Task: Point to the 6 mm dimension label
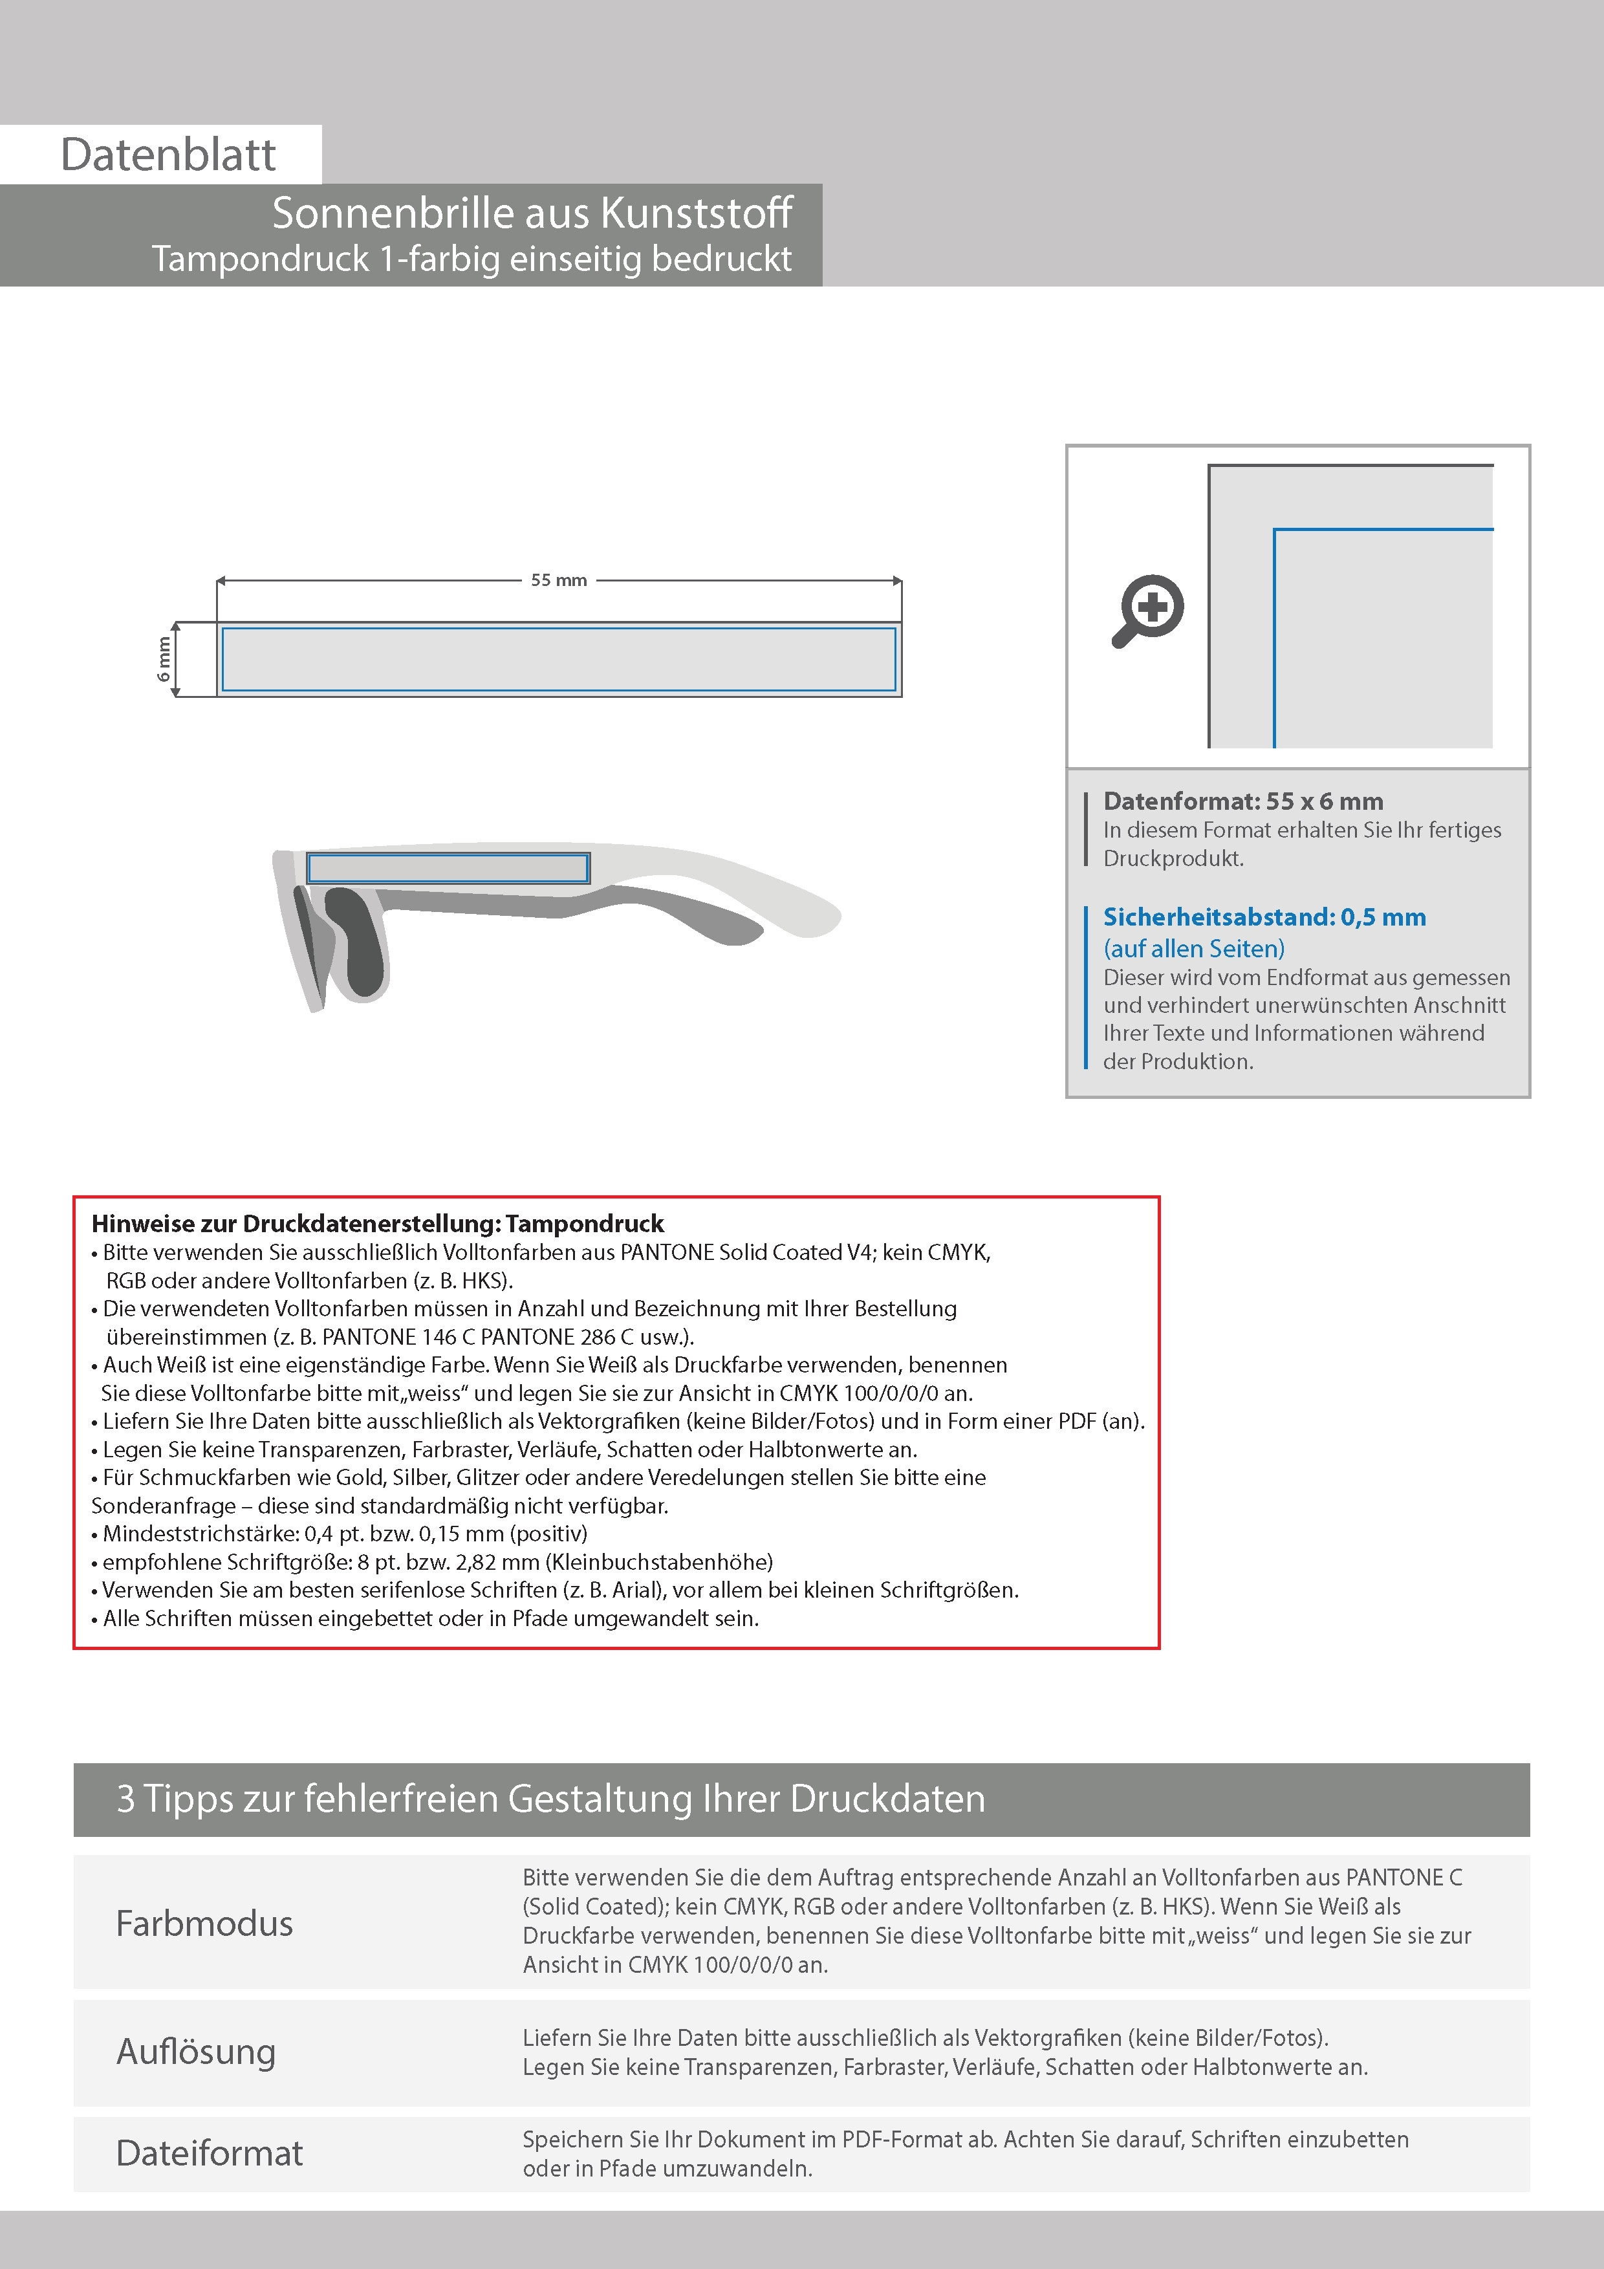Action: coord(164,659)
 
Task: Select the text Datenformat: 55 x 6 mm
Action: coord(1242,801)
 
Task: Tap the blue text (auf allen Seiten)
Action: coord(1194,949)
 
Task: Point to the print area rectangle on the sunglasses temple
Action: coord(448,867)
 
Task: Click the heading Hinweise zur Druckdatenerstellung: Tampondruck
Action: coord(378,1224)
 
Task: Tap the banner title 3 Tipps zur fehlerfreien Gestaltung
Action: coord(550,1799)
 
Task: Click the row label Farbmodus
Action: coord(204,1923)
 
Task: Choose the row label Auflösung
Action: coord(196,2052)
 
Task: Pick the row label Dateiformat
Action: coord(210,2153)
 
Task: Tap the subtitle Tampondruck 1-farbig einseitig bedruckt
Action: coord(471,259)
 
